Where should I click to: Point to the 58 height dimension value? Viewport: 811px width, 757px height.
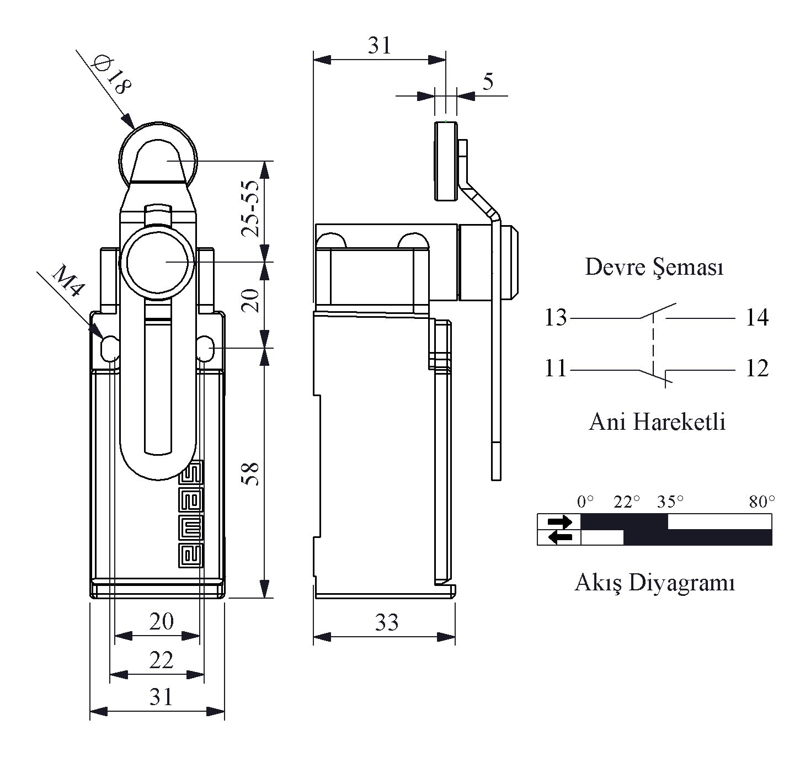tap(250, 473)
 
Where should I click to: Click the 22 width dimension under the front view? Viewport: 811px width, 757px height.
tap(161, 660)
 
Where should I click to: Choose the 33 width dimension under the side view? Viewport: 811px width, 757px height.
tap(386, 622)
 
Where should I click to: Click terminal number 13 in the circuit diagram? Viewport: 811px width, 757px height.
tap(556, 317)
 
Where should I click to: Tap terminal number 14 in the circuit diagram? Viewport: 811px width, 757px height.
tap(757, 317)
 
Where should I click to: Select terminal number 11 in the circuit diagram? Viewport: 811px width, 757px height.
tap(556, 368)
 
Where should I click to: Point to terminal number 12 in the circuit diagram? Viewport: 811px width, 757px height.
tap(757, 368)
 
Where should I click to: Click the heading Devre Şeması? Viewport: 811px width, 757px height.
tap(654, 268)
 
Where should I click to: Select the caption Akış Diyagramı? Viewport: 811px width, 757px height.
tap(655, 583)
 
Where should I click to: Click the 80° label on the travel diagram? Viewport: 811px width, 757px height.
tap(762, 502)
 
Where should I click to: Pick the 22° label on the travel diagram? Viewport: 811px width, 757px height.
tap(626, 502)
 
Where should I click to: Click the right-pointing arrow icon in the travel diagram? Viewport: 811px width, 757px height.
tap(560, 521)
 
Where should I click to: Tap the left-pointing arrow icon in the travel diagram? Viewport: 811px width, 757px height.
tap(560, 537)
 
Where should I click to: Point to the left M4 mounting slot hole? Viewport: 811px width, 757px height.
tap(109, 348)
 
